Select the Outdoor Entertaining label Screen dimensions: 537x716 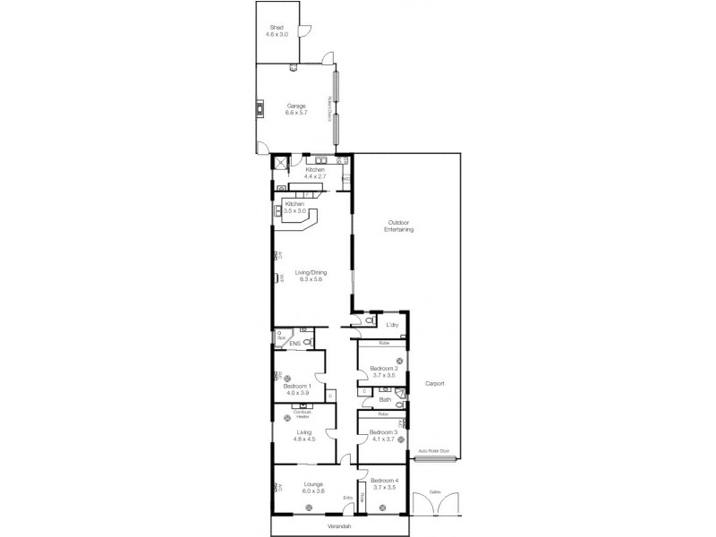pyautogui.click(x=399, y=227)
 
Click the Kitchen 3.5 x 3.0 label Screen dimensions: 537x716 pyautogui.click(x=295, y=207)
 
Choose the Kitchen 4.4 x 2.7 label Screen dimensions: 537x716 pyautogui.click(x=315, y=172)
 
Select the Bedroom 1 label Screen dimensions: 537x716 pyautogui.click(x=297, y=388)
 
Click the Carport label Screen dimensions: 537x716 pyautogui.click(x=435, y=383)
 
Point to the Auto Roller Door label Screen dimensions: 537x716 pyautogui.click(x=433, y=452)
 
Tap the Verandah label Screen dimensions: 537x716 pyautogui.click(x=337, y=526)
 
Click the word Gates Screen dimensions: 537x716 pyautogui.click(x=435, y=491)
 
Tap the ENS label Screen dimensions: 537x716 pyautogui.click(x=293, y=342)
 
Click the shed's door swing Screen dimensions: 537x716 pyautogui.click(x=305, y=31)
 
